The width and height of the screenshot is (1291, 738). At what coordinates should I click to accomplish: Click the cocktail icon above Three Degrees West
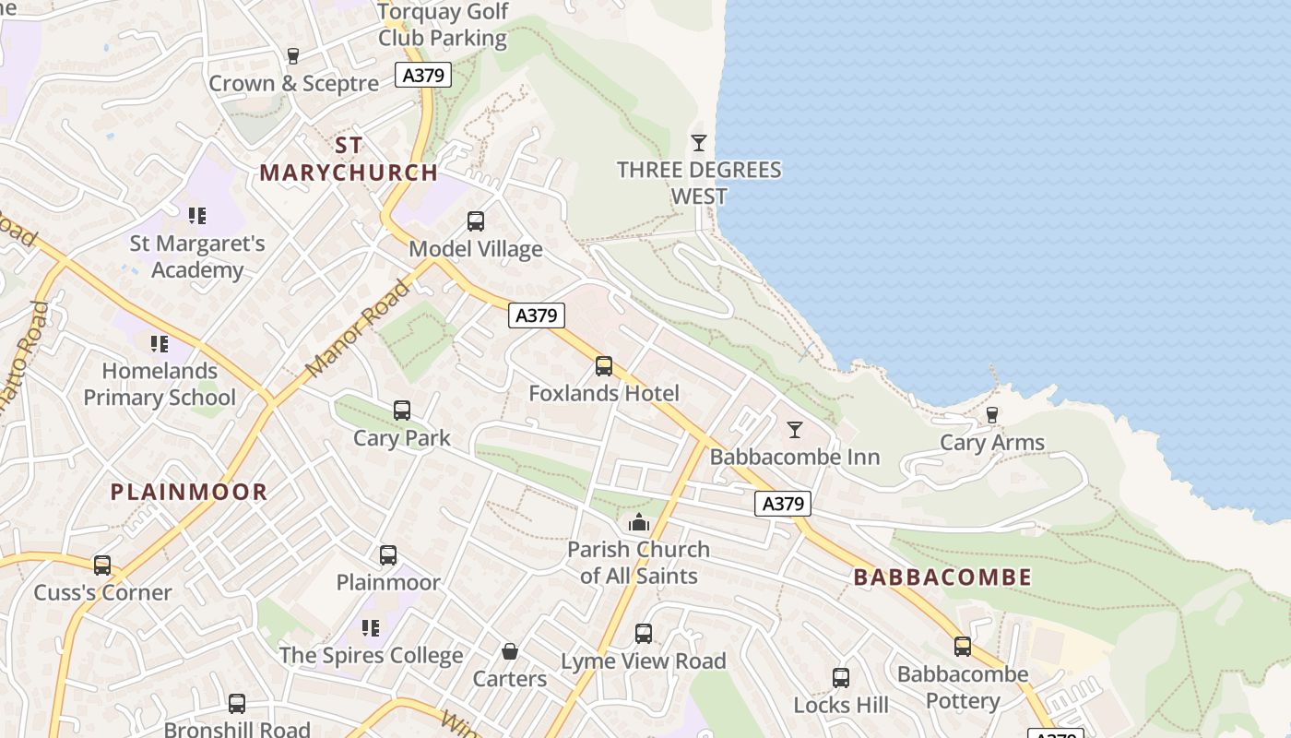point(699,142)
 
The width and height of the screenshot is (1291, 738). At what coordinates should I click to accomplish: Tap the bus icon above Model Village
point(476,221)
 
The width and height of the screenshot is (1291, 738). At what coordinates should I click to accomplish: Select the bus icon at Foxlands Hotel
point(604,366)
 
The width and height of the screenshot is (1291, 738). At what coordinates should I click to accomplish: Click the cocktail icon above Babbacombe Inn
point(794,429)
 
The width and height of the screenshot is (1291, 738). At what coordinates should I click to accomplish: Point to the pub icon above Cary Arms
point(992,415)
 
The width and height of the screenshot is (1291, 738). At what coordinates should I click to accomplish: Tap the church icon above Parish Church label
point(638,523)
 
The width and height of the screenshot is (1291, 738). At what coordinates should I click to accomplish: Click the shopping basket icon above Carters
point(509,651)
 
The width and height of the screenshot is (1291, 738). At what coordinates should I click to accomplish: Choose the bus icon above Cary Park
point(402,411)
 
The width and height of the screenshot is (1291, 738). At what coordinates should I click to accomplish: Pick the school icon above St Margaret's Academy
point(196,216)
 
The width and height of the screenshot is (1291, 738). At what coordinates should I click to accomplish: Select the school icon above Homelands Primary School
point(160,344)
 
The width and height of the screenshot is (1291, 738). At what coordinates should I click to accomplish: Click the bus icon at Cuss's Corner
point(102,565)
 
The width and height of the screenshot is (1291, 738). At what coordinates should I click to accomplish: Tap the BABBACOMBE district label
point(942,577)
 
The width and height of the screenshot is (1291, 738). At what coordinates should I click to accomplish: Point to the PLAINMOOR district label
point(189,492)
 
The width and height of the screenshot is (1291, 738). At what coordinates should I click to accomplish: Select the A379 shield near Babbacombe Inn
point(783,504)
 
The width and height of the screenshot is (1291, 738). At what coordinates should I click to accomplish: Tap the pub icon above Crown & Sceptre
point(293,56)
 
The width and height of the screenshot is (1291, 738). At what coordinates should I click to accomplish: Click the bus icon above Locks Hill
point(841,678)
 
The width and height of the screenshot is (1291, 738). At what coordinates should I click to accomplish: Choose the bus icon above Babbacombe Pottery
point(963,647)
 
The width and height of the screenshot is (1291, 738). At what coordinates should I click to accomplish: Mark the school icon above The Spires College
point(371,628)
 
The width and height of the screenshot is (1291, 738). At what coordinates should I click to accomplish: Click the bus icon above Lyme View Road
point(644,634)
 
